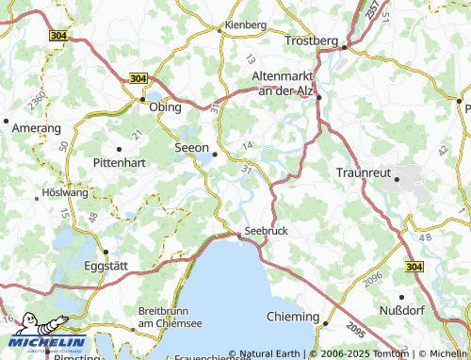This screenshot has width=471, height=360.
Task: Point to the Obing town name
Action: coord(166,108)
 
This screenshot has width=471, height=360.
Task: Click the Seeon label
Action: coord(190,148)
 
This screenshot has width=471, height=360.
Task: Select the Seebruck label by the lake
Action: coord(265,231)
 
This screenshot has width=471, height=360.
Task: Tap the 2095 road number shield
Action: coord(355,331)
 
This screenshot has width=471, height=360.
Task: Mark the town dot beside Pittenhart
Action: coord(120,149)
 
